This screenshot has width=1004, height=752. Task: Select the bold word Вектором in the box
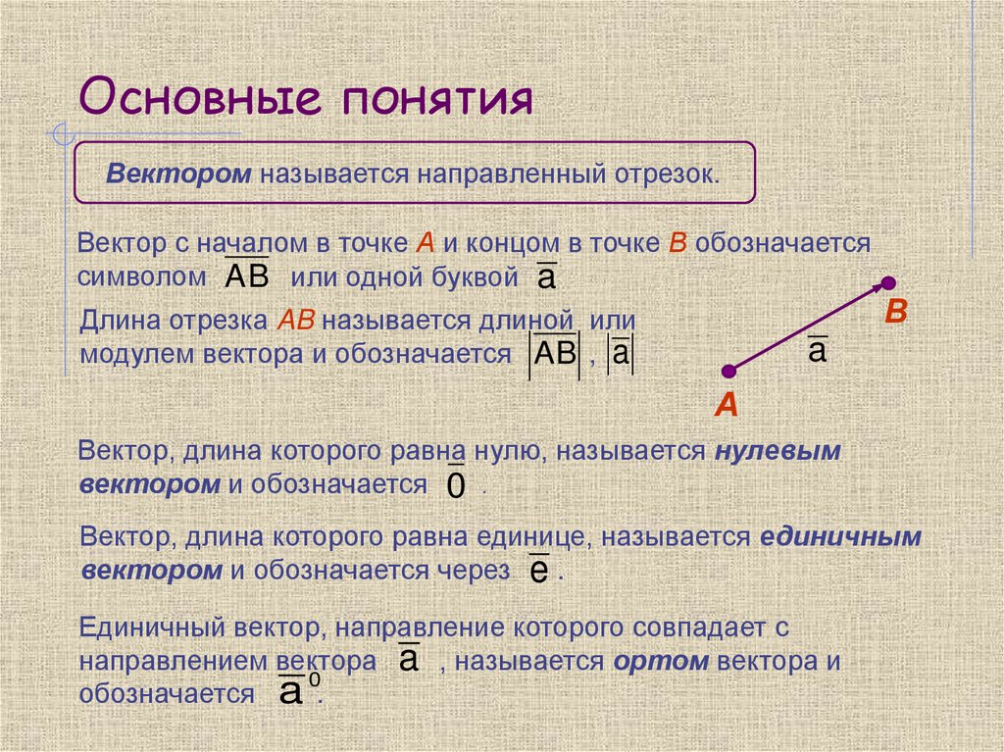pos(179,174)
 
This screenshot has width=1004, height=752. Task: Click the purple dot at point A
pos(728,371)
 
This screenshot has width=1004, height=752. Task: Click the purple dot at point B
pos(887,283)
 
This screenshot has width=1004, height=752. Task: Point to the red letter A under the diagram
pos(726,405)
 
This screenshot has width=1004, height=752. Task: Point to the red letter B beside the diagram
pos(896,314)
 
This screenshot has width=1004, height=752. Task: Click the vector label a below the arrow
pos(817,350)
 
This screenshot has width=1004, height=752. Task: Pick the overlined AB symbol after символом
pos(246,276)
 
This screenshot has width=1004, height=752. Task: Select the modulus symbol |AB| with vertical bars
pos(555,354)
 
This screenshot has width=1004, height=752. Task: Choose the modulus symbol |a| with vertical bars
pos(620,355)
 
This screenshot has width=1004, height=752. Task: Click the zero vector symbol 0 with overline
pos(455,483)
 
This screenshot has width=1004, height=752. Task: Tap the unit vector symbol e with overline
pos(537,571)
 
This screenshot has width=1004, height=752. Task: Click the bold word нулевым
pos(778,452)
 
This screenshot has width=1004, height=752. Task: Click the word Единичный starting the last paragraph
pos(149,627)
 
